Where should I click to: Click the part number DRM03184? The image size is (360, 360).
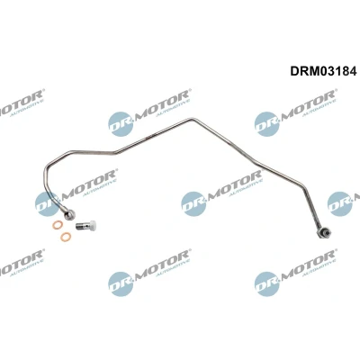point(323,71)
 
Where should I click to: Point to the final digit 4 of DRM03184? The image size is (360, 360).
point(353,71)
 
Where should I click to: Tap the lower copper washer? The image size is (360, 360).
point(66,237)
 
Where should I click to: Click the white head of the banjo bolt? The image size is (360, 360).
point(92,224)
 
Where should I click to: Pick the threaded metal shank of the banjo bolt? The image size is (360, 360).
point(82,225)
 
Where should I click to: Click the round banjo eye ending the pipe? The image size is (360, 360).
point(69,214)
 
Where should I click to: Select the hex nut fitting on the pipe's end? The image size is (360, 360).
point(324,233)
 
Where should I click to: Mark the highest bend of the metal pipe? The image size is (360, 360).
point(192,120)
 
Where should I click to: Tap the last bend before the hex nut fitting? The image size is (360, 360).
point(304,187)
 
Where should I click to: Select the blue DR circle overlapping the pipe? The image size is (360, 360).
point(48,203)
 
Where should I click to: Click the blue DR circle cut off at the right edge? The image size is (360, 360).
point(339,203)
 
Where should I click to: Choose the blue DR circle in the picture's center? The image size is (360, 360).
point(193,203)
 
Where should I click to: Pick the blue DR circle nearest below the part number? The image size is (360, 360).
point(266,124)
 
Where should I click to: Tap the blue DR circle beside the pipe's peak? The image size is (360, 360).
point(121,124)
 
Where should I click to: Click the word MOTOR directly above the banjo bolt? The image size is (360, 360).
point(89,184)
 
